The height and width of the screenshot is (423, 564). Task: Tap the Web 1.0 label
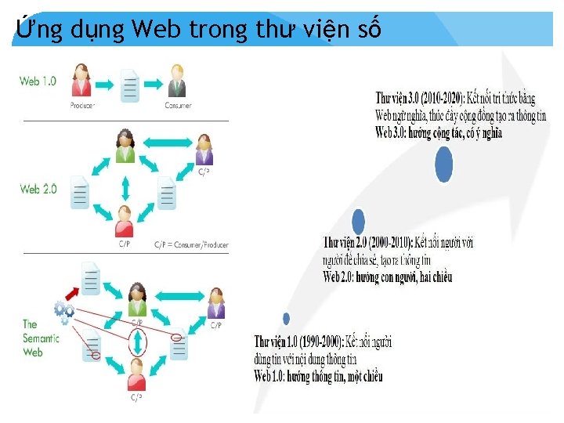(38, 81)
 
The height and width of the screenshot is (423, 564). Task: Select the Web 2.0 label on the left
(38, 189)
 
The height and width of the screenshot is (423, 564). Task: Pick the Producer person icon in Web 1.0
(81, 81)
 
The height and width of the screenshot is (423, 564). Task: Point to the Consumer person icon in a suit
(178, 81)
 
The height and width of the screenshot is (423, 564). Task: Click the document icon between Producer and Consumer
(130, 85)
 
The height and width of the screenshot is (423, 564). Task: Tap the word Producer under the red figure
(82, 106)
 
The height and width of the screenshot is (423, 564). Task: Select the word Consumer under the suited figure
(178, 106)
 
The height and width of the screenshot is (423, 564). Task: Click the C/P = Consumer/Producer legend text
(192, 245)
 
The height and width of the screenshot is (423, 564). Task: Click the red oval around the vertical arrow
(138, 342)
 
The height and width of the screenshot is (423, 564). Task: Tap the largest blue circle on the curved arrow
(444, 164)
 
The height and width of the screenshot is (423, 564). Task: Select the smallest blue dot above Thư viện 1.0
(287, 319)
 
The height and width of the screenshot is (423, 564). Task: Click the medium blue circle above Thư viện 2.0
(359, 222)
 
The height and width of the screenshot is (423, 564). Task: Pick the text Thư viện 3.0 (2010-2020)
(421, 99)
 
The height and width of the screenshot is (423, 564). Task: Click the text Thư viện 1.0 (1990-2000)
(298, 342)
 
